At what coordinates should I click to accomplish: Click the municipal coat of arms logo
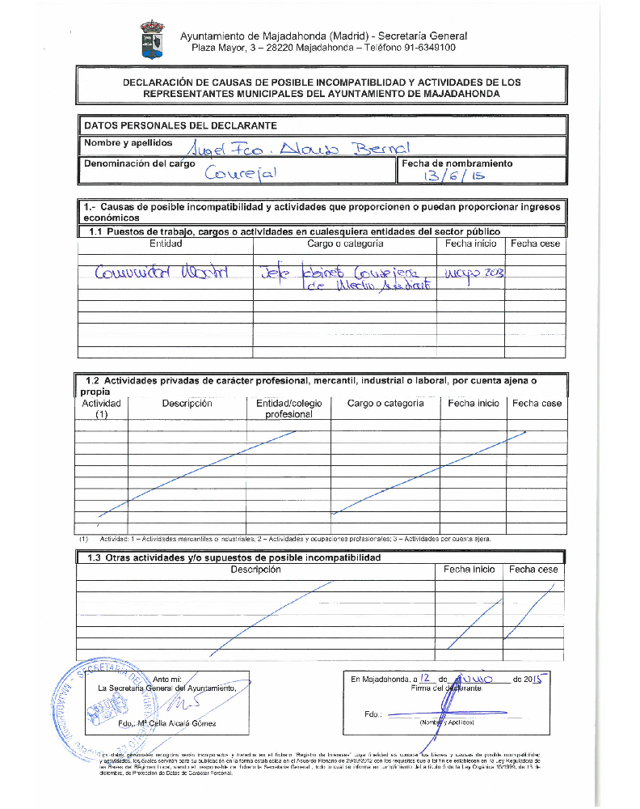151,40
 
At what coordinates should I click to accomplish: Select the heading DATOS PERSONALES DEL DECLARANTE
180,125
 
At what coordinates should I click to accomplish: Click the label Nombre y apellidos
128,143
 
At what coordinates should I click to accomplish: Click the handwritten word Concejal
242,172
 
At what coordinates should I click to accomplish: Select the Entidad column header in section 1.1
166,244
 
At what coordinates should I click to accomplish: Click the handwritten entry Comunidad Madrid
162,273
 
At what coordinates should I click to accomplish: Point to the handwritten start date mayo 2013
474,273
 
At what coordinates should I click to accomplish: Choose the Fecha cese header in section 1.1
535,244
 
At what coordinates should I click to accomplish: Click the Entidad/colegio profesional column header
288,409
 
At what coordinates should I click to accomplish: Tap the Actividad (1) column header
101,409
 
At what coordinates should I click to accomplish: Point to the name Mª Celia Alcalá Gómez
173,723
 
